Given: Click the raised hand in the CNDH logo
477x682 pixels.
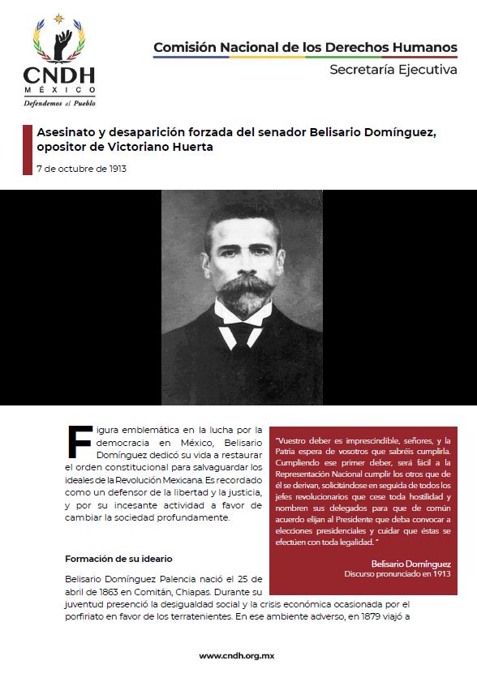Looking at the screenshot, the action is click(62, 41).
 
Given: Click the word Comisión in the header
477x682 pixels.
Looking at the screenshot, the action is click(184, 47).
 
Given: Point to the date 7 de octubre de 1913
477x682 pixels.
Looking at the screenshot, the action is click(81, 169).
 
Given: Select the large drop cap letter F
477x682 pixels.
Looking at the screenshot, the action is click(79, 443).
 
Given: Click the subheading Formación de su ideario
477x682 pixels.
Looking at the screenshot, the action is click(118, 559).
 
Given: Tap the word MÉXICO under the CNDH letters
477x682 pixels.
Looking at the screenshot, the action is click(59, 91).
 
